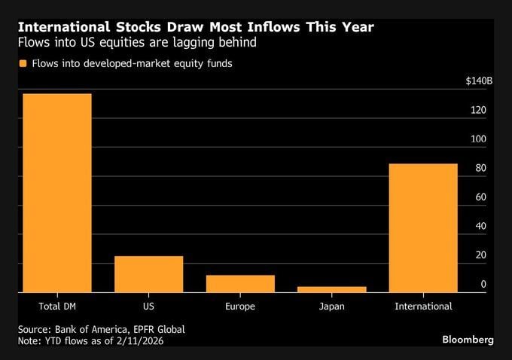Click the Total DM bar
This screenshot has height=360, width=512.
(x=57, y=193)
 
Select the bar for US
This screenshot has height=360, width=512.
(x=148, y=274)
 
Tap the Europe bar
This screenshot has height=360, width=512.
(x=240, y=283)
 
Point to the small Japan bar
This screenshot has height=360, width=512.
(x=331, y=288)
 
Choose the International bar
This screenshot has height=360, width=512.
(x=423, y=227)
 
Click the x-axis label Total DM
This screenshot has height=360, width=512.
(x=57, y=307)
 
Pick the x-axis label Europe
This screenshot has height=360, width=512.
(x=240, y=307)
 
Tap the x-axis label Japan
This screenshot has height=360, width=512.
(x=331, y=307)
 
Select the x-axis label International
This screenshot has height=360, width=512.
(x=423, y=307)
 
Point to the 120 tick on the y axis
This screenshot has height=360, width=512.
(x=478, y=111)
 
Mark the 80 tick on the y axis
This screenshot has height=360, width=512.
(x=478, y=169)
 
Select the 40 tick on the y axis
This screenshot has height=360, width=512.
(x=478, y=227)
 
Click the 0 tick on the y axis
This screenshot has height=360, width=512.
(x=483, y=285)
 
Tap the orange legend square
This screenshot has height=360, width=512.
(x=23, y=64)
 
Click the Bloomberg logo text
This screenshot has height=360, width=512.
(x=468, y=340)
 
